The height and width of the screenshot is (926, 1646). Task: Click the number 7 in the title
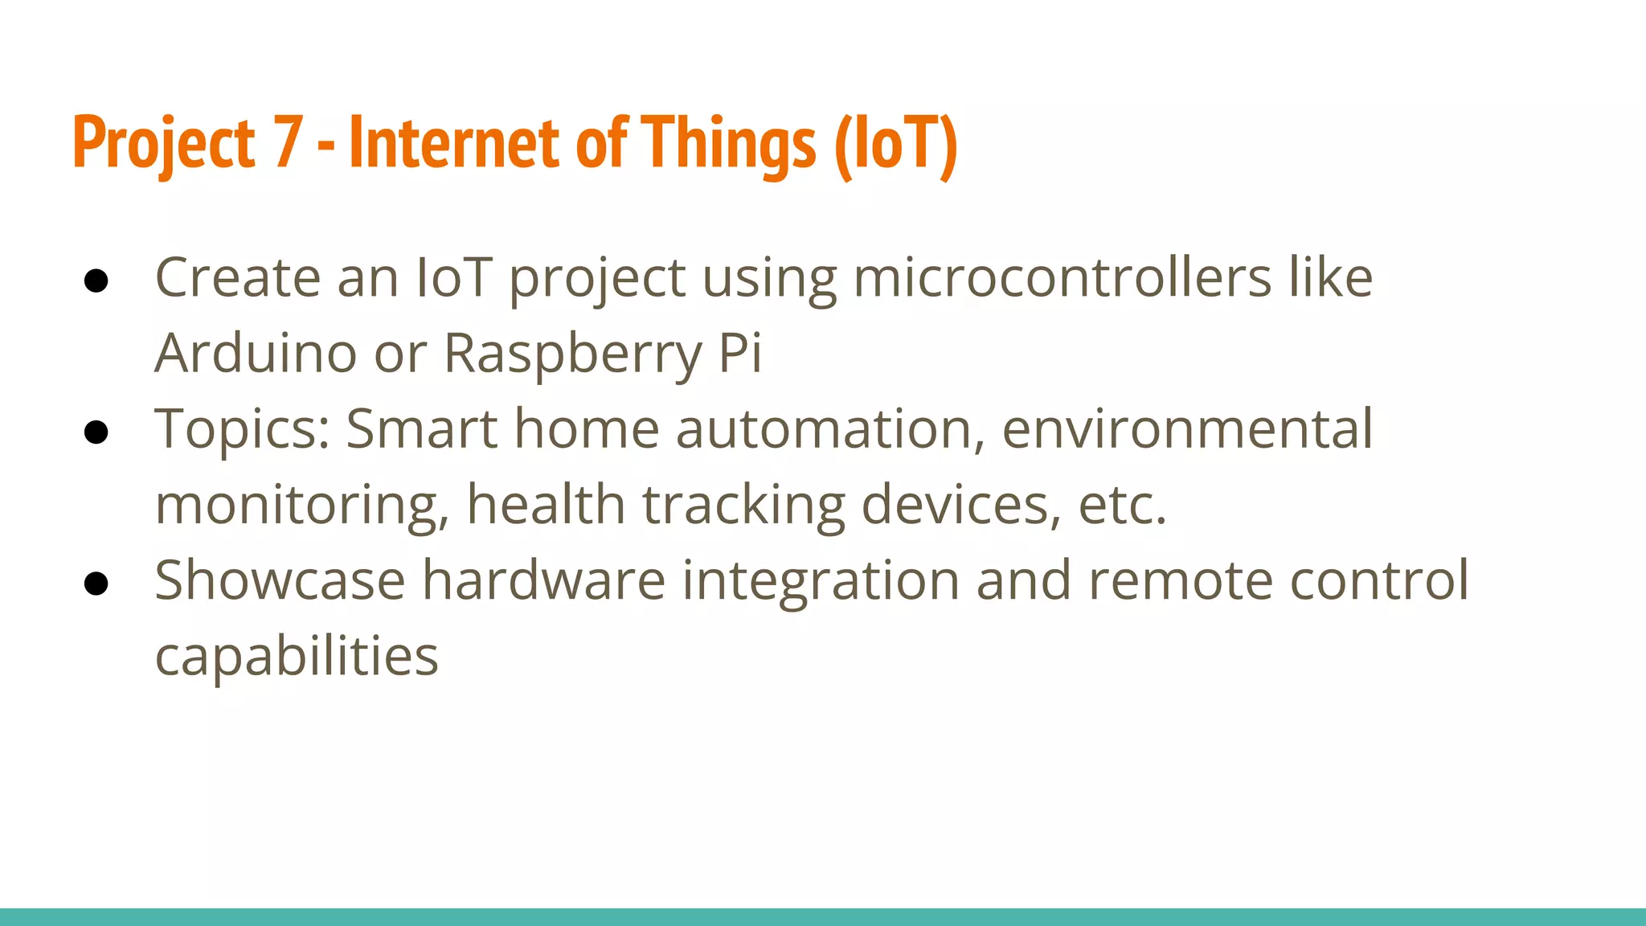(x=287, y=143)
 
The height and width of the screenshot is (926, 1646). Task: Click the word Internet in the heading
(x=454, y=143)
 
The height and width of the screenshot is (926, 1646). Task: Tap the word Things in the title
(x=729, y=143)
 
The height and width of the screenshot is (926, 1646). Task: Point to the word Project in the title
(x=164, y=143)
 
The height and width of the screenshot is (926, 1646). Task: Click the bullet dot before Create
(x=96, y=281)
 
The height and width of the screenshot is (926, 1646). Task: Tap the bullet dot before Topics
(x=96, y=432)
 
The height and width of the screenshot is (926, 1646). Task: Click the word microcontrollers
(x=1062, y=277)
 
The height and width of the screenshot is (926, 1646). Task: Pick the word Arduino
(x=256, y=353)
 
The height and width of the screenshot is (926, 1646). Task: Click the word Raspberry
(x=573, y=353)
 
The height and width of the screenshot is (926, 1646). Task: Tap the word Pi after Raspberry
(x=740, y=353)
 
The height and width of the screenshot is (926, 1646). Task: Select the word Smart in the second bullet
(x=421, y=428)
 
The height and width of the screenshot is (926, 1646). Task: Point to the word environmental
(x=1187, y=428)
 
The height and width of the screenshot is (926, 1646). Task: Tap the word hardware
(x=544, y=580)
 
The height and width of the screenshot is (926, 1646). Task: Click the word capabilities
(x=297, y=657)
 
